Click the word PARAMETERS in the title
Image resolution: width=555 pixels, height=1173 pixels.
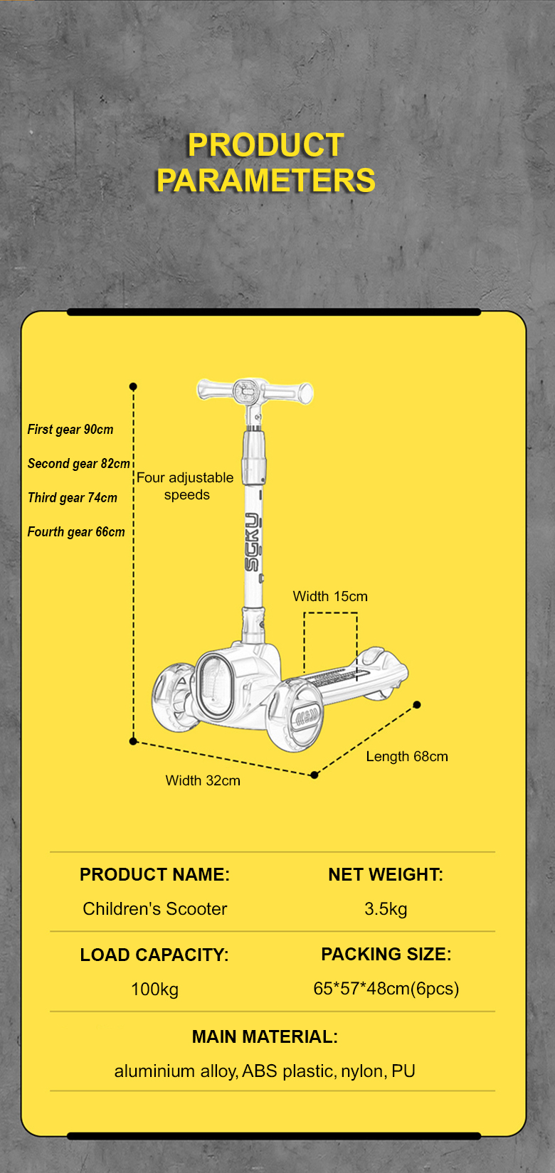click(x=265, y=180)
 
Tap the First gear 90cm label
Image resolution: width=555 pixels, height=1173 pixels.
click(x=70, y=430)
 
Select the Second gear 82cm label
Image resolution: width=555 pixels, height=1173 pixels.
click(x=78, y=464)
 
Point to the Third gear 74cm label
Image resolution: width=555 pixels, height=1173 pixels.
click(x=72, y=498)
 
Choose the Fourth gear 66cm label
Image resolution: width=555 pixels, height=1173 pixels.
click(x=76, y=532)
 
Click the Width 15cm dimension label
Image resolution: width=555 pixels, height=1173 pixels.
click(x=330, y=596)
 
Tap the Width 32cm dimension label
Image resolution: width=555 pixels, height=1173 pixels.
click(x=203, y=780)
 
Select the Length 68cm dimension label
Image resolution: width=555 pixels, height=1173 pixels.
click(x=407, y=756)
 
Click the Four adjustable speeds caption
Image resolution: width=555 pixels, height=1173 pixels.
click(x=185, y=486)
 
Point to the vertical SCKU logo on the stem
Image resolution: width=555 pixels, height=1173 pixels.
click(x=252, y=541)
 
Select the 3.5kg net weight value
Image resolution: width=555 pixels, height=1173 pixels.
click(x=386, y=908)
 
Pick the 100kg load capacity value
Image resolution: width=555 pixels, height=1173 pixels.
click(x=154, y=989)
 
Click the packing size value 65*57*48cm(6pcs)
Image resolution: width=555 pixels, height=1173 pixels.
click(x=386, y=988)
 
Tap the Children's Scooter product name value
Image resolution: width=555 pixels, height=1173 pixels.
click(x=154, y=908)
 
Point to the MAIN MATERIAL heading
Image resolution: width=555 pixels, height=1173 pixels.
click(x=265, y=1036)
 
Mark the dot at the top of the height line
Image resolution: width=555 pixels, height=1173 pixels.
click(x=133, y=386)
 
